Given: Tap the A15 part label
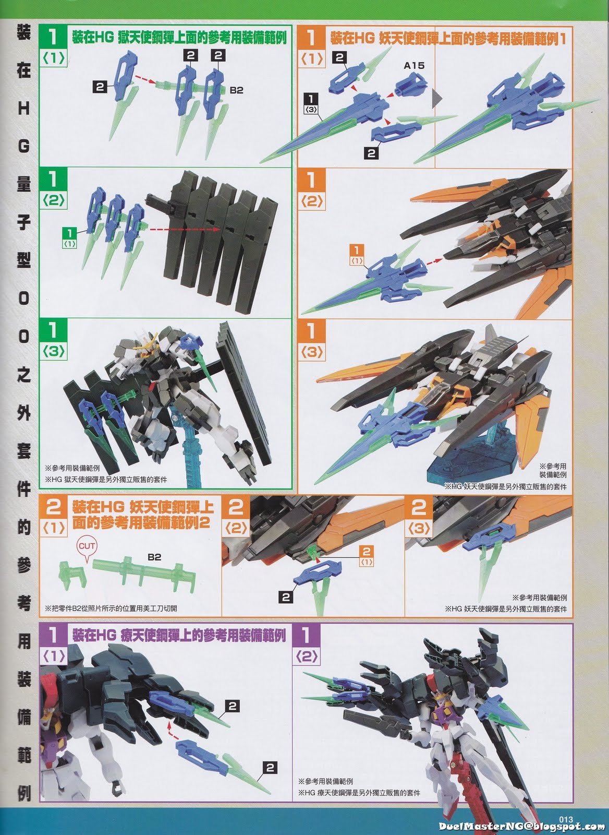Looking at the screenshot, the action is click(414, 66).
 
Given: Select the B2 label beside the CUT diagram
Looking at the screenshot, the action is click(154, 557).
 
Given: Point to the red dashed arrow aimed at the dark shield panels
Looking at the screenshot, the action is click(185, 229).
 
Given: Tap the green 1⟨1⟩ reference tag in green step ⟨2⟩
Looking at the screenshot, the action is click(70, 238).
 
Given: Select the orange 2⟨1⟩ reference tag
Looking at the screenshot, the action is click(367, 556).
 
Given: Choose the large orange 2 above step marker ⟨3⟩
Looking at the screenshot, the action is click(419, 507).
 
